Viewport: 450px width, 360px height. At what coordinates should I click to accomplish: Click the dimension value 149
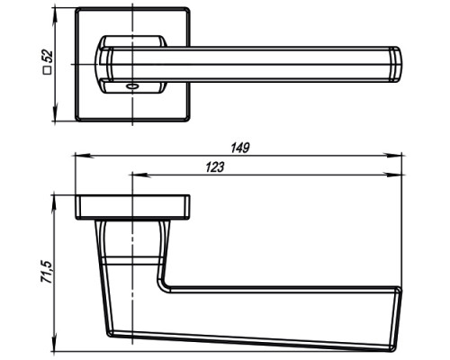coord(240,148)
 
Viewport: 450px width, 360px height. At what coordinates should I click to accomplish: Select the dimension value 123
coord(215,167)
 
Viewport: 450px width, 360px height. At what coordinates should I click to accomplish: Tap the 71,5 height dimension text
coord(47,272)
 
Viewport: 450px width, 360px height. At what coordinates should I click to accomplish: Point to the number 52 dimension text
coord(47,56)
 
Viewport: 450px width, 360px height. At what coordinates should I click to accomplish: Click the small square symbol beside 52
coord(48,70)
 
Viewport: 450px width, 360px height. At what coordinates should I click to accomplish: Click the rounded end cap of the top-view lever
coord(395,65)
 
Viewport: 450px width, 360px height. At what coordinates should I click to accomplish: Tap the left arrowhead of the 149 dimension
coord(83,156)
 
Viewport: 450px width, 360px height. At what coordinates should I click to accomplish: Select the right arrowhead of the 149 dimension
coord(393,156)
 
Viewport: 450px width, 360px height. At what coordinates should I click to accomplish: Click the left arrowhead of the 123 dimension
coord(139,175)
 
